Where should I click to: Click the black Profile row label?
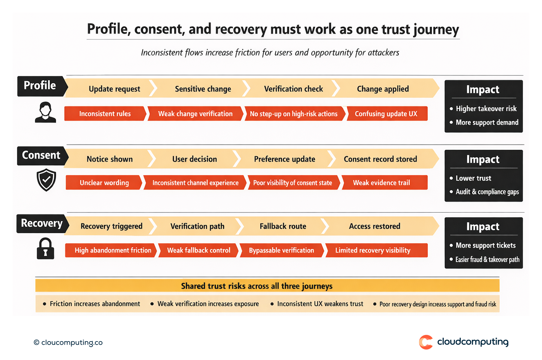point(40,86)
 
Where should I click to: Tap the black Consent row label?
point(41,156)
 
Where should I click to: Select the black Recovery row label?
point(41,223)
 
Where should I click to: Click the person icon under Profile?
point(45,112)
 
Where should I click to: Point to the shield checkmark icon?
point(46,180)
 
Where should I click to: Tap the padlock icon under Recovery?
point(45,248)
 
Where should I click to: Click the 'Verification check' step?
point(293,89)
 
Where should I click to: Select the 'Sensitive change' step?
point(203,89)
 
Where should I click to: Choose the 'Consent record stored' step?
point(380,159)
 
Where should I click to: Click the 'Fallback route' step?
point(283,226)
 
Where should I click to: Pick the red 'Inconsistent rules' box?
point(105,114)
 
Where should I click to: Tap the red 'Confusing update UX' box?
point(386,114)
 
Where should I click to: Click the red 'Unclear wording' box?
point(104,183)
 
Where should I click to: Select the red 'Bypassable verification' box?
point(281,250)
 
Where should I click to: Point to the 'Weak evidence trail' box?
point(381,183)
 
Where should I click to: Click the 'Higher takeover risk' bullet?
point(486,109)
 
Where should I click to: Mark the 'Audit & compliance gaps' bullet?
point(487,192)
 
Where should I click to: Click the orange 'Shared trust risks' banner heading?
point(257,286)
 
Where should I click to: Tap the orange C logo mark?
point(426,342)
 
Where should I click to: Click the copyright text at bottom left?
point(68,343)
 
